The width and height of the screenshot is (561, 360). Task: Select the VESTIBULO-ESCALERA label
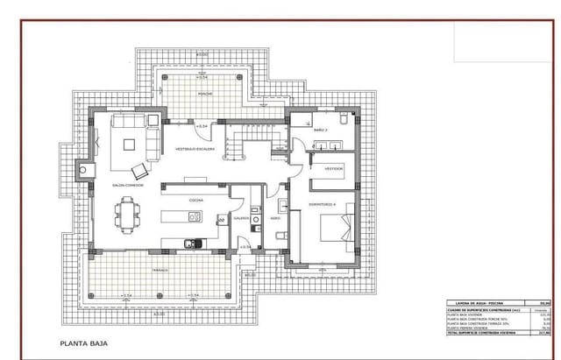coord(195,149)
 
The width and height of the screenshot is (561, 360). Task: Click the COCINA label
coord(195,200)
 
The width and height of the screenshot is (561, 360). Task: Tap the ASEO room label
coord(274,218)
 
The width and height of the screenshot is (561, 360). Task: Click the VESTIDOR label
coord(333,167)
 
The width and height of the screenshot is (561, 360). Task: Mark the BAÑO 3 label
coord(320,130)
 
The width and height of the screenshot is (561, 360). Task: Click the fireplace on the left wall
coord(85,170)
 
